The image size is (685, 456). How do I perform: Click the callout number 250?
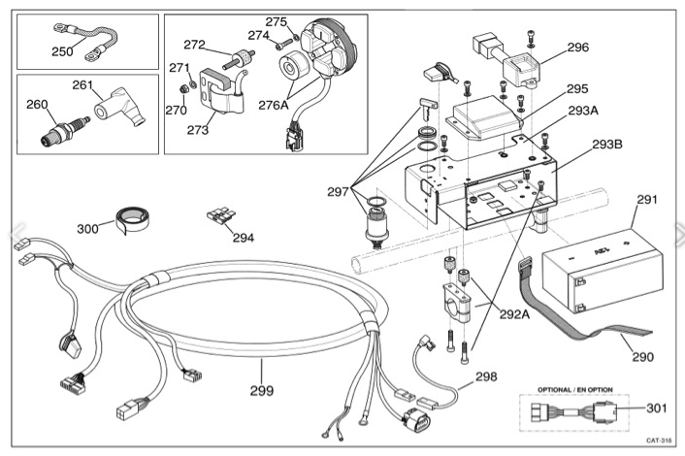tap(62, 51)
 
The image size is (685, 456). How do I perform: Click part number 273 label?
tap(199, 130)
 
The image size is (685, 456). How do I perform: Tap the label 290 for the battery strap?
tap(643, 356)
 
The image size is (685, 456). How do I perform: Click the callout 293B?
tap(607, 145)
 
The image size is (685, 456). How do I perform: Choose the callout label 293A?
tap(583, 111)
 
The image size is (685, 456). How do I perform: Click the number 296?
tap(577, 47)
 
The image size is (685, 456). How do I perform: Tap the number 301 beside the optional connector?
tap(657, 408)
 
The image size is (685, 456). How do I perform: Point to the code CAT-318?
tap(659, 440)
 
